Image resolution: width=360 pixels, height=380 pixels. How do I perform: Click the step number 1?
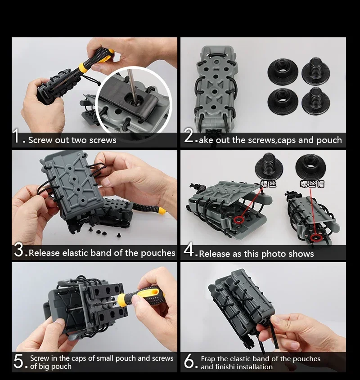17,136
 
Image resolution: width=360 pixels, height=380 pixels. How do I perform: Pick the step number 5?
18,361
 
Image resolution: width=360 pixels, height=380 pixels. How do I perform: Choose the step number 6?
189,362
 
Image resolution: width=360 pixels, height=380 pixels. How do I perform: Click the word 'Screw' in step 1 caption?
40,140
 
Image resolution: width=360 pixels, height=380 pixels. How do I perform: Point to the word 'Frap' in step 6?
208,359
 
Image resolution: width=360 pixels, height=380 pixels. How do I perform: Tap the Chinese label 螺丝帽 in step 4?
312,184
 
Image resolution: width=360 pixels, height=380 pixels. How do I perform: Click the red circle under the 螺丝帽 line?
315,238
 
